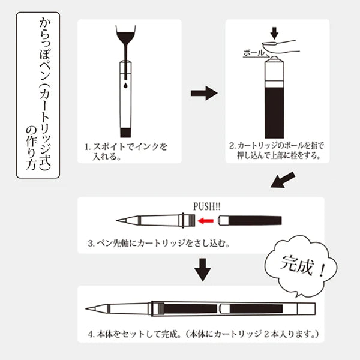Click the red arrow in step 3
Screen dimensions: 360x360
[x=206, y=221]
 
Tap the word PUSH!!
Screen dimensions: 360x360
[x=207, y=206]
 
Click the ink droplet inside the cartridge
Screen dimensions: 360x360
[x=125, y=86]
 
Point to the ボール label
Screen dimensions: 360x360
[x=254, y=53]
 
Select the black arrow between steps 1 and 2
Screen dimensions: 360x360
[x=204, y=93]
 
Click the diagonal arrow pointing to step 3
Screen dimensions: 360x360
[x=283, y=180]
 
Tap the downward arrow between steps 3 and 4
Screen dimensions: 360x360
[x=203, y=270]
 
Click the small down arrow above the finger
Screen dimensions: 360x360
[x=274, y=33]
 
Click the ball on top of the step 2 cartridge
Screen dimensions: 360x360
[x=274, y=59]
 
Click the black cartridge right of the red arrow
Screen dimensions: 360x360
[x=250, y=220]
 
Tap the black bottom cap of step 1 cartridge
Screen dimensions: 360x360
[x=125, y=133]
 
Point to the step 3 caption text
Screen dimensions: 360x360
[x=159, y=243]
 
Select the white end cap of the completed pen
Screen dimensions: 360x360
[x=307, y=309]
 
